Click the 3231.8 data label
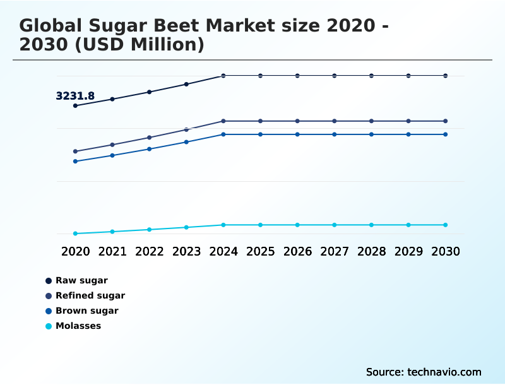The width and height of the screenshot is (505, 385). (x=75, y=96)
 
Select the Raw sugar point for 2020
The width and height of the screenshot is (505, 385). (x=75, y=105)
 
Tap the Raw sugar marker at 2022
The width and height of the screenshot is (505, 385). (x=150, y=92)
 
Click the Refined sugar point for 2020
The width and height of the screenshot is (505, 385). (x=75, y=151)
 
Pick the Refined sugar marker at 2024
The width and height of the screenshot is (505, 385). (x=223, y=121)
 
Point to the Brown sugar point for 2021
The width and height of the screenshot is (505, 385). (x=112, y=155)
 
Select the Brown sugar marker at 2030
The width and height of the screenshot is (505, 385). (x=446, y=134)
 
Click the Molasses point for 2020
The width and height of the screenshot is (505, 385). (x=75, y=234)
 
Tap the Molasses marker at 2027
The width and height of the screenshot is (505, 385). (x=335, y=225)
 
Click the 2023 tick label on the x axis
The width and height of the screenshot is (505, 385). (x=186, y=251)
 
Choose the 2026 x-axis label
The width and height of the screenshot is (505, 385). (x=297, y=251)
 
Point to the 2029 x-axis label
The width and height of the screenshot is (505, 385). (x=408, y=251)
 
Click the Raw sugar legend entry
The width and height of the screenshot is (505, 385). (x=81, y=280)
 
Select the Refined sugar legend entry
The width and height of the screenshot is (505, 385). (x=90, y=295)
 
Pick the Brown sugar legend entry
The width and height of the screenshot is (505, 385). (x=87, y=311)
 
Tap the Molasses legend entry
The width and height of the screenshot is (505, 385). (x=78, y=326)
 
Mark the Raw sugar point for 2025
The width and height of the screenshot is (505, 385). (x=260, y=76)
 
